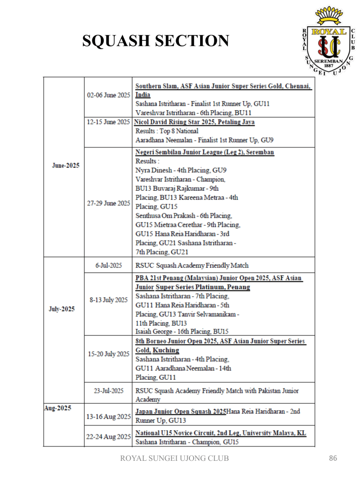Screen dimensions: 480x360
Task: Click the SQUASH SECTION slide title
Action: [x=156, y=42]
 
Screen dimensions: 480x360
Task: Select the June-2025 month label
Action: [x=65, y=166]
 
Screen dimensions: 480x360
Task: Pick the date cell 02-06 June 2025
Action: [x=108, y=95]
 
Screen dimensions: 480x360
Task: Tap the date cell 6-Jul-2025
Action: [x=108, y=265]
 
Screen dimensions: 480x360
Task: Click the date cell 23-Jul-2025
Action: [x=108, y=390]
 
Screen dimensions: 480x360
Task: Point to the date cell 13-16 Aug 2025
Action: [x=108, y=416]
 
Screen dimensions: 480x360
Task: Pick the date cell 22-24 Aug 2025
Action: [x=108, y=437]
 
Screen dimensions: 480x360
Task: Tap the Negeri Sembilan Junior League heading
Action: [x=205, y=152]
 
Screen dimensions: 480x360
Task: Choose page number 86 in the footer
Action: [x=333, y=458]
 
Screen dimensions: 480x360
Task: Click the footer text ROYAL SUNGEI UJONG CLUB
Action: [x=175, y=458]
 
